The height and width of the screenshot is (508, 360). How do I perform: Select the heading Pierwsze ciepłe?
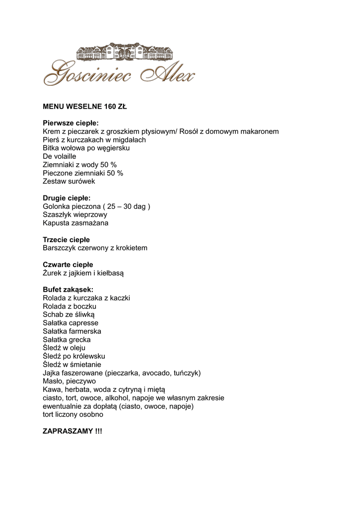[x=71, y=123]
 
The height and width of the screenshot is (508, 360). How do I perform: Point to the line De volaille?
[x=60, y=156]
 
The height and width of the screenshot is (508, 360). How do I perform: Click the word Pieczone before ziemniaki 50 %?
[x=58, y=173]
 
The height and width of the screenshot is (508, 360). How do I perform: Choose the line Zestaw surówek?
[x=69, y=181]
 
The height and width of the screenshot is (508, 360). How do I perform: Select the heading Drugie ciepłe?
[x=67, y=198]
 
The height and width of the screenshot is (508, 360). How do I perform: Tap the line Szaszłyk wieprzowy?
[x=75, y=215]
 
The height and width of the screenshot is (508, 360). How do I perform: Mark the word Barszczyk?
[x=60, y=248]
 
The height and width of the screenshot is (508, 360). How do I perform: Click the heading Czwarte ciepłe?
[x=68, y=264]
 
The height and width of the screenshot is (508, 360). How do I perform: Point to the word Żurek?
[x=53, y=273]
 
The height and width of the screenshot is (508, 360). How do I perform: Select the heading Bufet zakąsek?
[x=68, y=289]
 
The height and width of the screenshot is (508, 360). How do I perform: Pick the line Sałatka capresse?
[x=71, y=323]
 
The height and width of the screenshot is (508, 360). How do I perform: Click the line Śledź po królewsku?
[x=74, y=356]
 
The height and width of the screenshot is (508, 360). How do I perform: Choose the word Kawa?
[x=52, y=389]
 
